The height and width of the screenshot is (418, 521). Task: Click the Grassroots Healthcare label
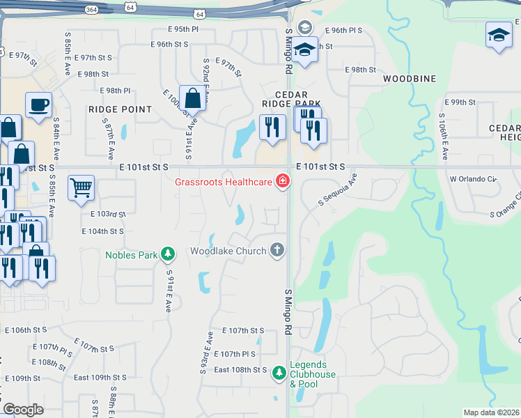223,183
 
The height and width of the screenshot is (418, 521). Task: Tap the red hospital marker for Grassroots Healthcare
283,183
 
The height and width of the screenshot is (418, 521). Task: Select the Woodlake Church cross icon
277,250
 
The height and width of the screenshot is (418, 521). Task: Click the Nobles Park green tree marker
167,254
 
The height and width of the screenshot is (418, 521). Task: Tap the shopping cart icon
81,187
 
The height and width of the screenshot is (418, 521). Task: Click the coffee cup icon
38,104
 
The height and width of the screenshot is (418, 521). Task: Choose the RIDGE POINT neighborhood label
120,109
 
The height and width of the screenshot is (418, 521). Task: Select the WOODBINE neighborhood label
410,79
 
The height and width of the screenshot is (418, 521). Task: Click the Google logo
23,410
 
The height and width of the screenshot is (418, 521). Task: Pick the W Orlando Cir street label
474,179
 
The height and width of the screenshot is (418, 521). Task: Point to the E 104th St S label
102,231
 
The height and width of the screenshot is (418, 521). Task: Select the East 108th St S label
240,369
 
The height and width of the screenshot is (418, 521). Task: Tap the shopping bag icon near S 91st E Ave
192,98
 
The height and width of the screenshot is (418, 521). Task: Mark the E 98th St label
361,70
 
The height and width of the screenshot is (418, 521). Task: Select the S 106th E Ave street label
444,134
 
